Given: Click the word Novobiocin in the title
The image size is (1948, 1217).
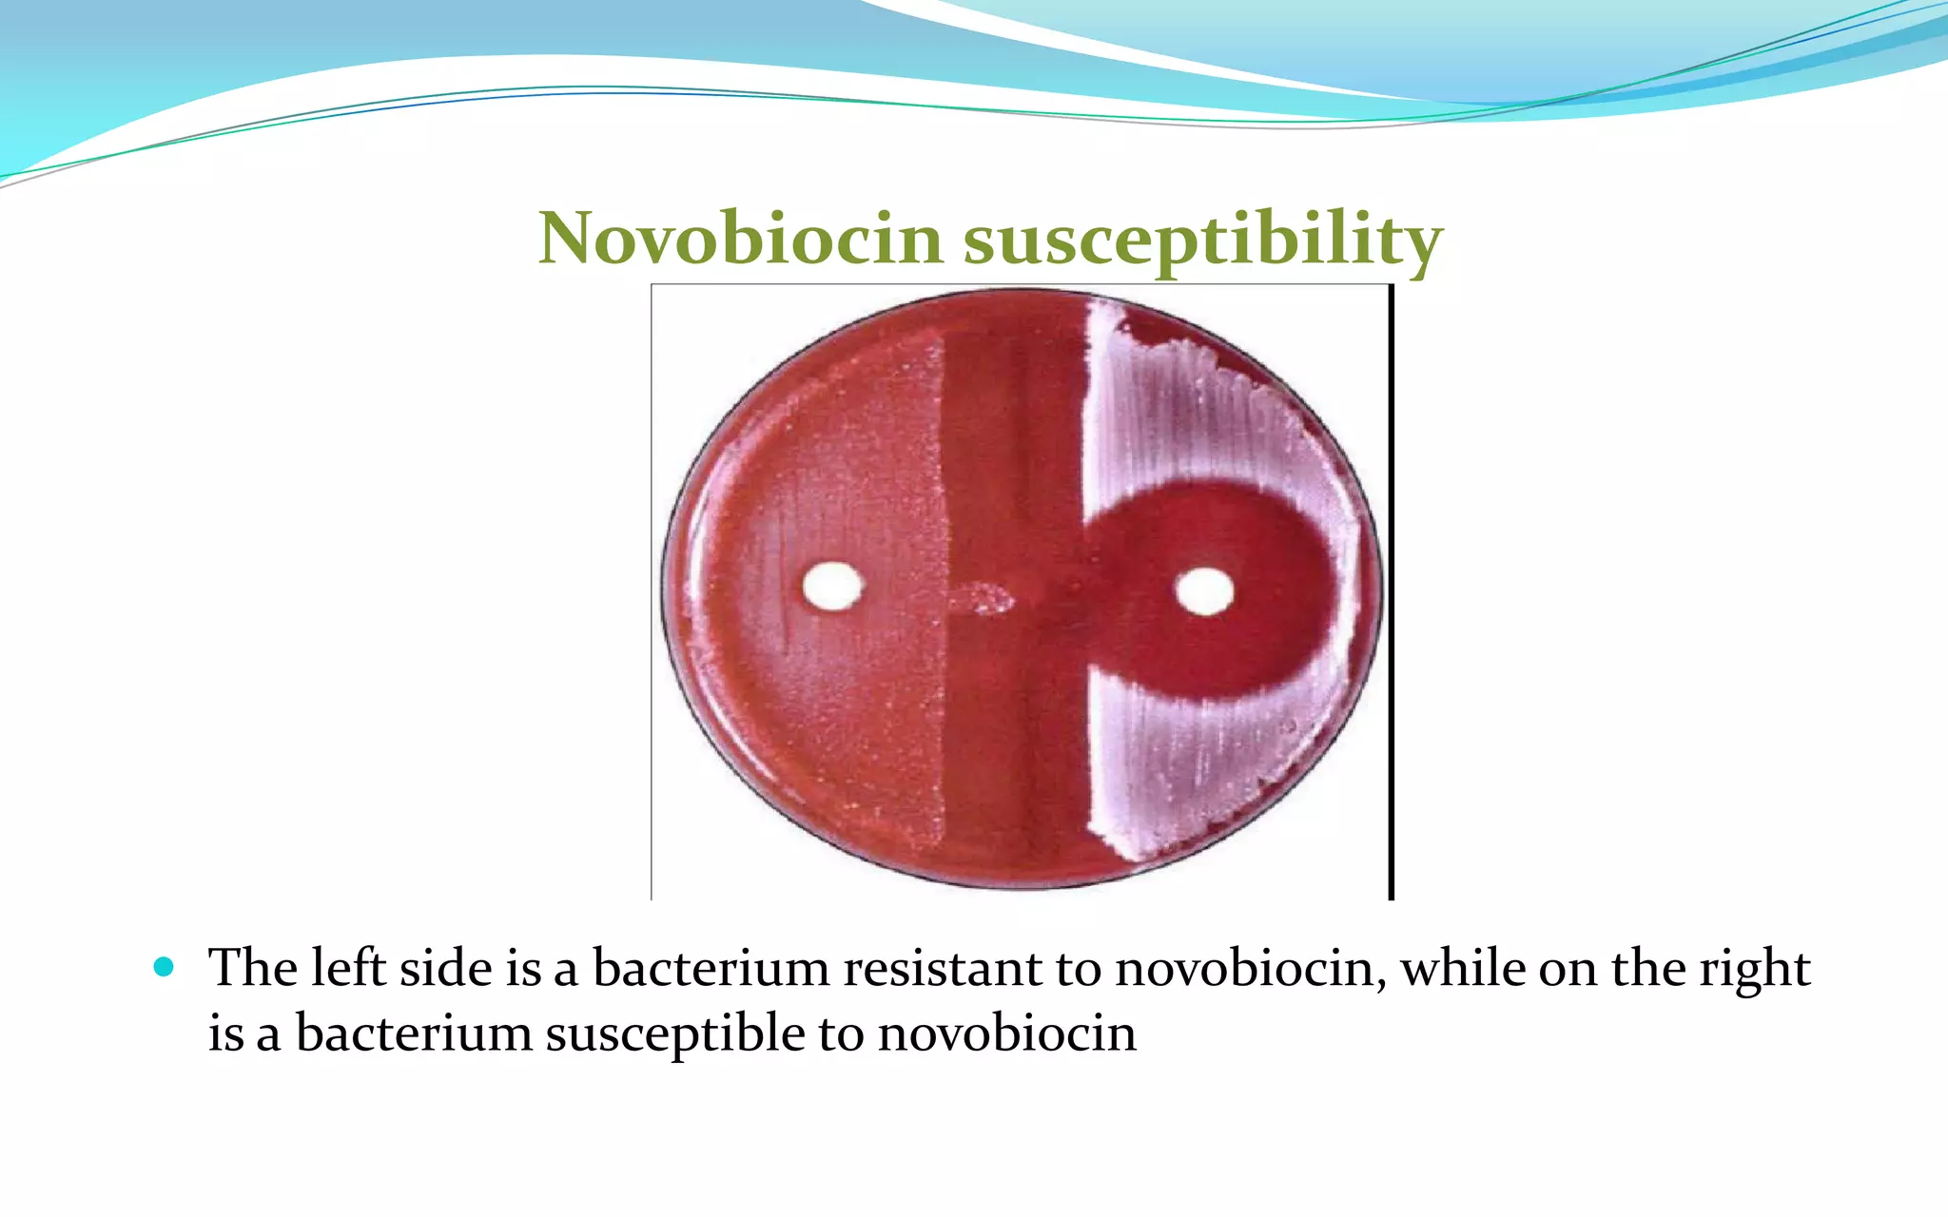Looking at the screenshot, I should pos(741,238).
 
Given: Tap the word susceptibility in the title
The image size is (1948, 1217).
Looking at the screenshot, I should pos(1203,240).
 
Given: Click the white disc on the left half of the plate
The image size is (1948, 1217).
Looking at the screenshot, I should pos(832,586).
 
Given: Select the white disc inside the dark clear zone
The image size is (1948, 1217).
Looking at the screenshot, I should pos(1204,591).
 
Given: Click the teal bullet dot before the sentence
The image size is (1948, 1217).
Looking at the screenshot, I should pos(164,968).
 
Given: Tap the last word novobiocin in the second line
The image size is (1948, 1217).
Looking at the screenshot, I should pos(1006,1033).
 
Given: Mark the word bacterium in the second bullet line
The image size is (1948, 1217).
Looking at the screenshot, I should pos(414,1033).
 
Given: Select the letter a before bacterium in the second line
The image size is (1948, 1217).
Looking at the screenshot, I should pos(268,1035).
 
